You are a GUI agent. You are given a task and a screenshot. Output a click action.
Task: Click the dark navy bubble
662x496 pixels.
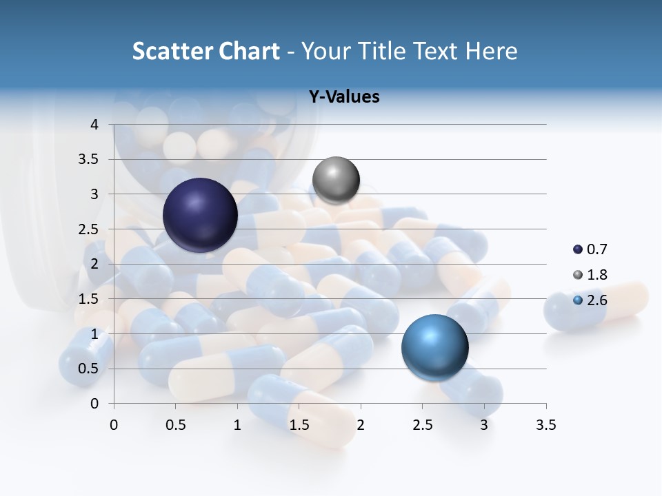pos(200,215)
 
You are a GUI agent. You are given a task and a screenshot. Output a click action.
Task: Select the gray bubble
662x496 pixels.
pos(336,180)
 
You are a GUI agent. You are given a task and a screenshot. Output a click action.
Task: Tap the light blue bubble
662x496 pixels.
pos(434,347)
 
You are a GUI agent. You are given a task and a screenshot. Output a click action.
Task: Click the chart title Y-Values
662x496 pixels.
pos(344,97)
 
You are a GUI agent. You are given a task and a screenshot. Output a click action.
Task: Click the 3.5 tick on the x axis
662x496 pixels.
pos(545,425)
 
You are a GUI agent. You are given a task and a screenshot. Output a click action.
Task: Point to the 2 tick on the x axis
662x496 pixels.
pos(361,425)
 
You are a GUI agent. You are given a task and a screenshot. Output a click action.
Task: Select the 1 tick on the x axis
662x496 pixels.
pos(237,425)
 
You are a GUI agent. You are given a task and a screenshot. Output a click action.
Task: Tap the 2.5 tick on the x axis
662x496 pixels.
pos(422,425)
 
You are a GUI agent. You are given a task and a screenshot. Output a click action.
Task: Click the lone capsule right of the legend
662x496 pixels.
pos(596,306)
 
